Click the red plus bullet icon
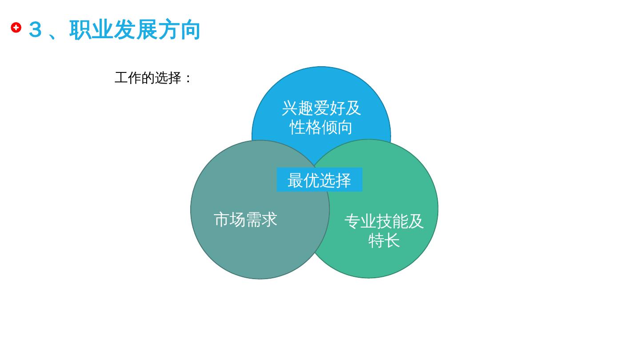pyautogui.click(x=16, y=28)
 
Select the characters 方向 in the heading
pyautogui.click(x=179, y=30)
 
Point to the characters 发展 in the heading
pyautogui.click(x=135, y=30)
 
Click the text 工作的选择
pyautogui.click(x=148, y=78)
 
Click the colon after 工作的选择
pyautogui.click(x=188, y=79)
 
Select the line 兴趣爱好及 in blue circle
pyautogui.click(x=321, y=108)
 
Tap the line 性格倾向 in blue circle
pyautogui.click(x=321, y=127)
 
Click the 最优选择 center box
pyautogui.click(x=319, y=180)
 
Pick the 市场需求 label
pyautogui.click(x=245, y=220)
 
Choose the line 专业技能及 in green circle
pyautogui.click(x=384, y=221)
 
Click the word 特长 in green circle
pyautogui.click(x=384, y=240)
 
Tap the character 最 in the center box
pyautogui.click(x=296, y=180)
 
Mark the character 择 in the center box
pyautogui.click(x=343, y=180)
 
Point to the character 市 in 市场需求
pyautogui.click(x=221, y=220)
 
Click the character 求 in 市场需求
pyautogui.click(x=269, y=220)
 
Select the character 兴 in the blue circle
pyautogui.click(x=289, y=108)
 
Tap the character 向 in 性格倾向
pyautogui.click(x=344, y=127)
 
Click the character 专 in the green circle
pyautogui.click(x=352, y=221)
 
